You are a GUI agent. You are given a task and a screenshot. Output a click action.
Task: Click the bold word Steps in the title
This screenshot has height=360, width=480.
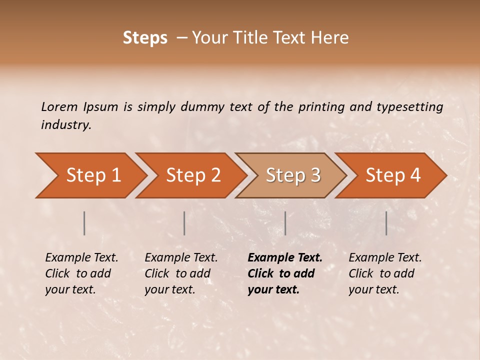pyautogui.click(x=145, y=38)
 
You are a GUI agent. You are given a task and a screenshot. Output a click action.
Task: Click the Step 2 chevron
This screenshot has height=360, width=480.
pyautogui.click(x=193, y=175)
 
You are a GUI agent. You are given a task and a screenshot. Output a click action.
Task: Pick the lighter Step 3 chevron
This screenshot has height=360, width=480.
pyautogui.click(x=293, y=175)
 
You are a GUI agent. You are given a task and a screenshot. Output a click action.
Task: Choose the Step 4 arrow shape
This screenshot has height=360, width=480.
pyautogui.click(x=393, y=175)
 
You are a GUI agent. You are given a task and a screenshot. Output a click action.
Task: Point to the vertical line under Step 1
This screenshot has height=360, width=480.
pyautogui.click(x=84, y=223)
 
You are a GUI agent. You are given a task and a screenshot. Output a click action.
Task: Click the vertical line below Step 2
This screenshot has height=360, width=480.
pyautogui.click(x=184, y=223)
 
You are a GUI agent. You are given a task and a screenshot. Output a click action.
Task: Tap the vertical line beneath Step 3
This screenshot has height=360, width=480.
pyautogui.click(x=285, y=223)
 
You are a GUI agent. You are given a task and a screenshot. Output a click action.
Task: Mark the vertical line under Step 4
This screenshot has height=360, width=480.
pyautogui.click(x=386, y=223)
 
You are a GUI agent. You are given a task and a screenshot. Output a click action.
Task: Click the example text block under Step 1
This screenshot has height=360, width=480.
pyautogui.click(x=81, y=273)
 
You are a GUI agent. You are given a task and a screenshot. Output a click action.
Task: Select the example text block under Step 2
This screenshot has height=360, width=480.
pyautogui.click(x=181, y=273)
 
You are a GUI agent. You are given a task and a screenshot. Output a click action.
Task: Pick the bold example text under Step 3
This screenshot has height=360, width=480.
pyautogui.click(x=284, y=273)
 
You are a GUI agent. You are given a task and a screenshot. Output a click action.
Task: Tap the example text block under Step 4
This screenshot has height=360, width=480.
pyautogui.click(x=385, y=273)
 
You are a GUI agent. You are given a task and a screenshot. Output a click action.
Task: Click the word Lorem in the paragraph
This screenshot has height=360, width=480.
pyautogui.click(x=59, y=107)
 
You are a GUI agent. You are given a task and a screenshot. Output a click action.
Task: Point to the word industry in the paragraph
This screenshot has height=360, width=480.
pyautogui.click(x=65, y=125)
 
